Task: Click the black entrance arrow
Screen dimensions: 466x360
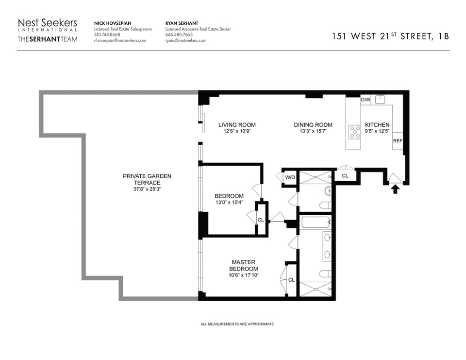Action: coord(395,189)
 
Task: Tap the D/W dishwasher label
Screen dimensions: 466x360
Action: coord(366,100)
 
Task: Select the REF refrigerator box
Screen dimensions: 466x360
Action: coord(398,141)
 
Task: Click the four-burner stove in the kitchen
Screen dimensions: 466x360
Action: coord(354,132)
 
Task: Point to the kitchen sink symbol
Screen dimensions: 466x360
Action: coord(380,100)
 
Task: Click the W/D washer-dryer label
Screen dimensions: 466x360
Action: coord(290,178)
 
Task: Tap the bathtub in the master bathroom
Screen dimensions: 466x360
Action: coord(316,222)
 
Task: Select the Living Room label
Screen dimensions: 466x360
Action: coord(237,125)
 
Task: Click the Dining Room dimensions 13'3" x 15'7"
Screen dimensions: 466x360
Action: coord(313,131)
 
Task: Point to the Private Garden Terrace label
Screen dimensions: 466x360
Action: coord(147,179)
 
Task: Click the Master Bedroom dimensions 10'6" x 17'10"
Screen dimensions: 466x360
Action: coord(244,275)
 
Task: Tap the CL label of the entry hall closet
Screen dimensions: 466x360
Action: coord(345,176)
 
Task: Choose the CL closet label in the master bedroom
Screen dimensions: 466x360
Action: coord(292,280)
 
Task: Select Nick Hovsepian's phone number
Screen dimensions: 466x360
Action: coord(107,34)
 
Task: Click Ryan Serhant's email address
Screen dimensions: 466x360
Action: coord(186,40)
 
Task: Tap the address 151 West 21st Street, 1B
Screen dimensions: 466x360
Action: coord(390,36)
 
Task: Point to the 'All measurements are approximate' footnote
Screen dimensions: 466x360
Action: coord(237,324)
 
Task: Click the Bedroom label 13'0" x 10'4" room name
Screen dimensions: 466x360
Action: coord(229,196)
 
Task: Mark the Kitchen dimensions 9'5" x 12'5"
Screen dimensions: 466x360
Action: coord(377,131)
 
